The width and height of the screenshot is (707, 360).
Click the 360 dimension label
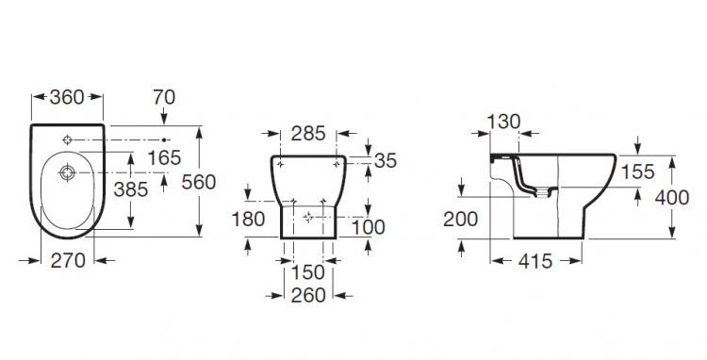[67, 95]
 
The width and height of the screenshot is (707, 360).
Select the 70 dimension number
[164, 95]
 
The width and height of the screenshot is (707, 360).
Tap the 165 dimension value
[164, 156]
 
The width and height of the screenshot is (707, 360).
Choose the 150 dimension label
[307, 271]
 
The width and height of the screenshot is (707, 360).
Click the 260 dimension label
[307, 295]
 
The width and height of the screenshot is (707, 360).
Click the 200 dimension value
[461, 220]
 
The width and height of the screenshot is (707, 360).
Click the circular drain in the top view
[67, 173]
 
